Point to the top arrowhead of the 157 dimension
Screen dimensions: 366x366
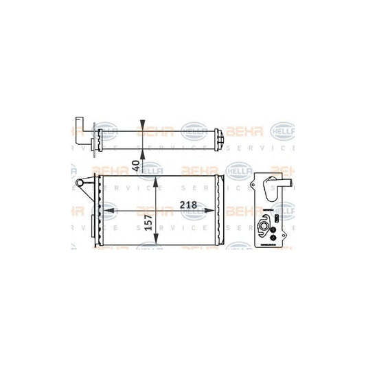(x=159, y=180)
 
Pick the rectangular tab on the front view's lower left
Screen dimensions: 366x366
(x=95, y=227)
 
